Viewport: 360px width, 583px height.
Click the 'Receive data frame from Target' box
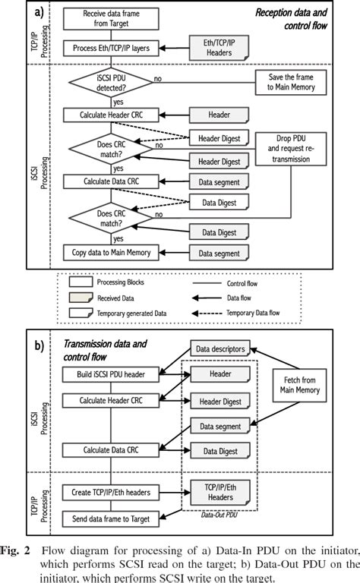pyautogui.click(x=111, y=19)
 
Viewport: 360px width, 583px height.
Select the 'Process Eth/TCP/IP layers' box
pyautogui.click(x=111, y=49)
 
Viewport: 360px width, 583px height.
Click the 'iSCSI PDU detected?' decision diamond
pyautogui.click(x=111, y=84)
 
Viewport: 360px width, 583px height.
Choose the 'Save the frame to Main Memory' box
pyautogui.click(x=292, y=83)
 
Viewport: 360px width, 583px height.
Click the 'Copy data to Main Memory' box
pyautogui.click(x=111, y=252)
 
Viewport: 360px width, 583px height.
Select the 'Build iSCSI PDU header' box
pyautogui.click(x=111, y=375)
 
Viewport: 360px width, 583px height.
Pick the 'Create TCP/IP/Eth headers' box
pyautogui.click(x=111, y=493)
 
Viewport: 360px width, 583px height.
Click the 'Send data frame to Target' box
pyautogui.click(x=111, y=519)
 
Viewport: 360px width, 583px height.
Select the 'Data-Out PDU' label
pyautogui.click(x=218, y=513)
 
